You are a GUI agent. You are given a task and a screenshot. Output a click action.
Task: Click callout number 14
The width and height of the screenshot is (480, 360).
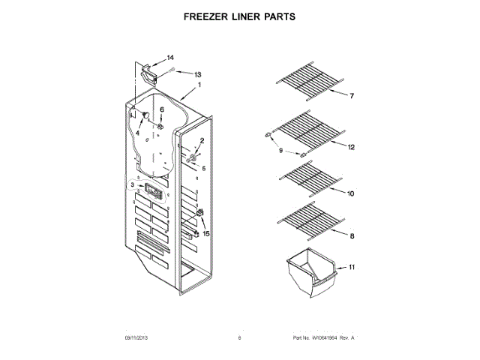tap(170, 58)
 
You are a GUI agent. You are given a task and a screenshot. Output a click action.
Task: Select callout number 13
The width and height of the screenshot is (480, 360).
tap(198, 74)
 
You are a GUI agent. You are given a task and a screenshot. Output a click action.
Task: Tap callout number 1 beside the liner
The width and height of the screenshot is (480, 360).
tap(199, 85)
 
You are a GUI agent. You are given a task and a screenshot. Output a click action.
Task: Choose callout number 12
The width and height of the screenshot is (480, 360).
tap(351, 147)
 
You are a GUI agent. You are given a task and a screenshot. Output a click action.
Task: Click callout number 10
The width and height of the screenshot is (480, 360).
tap(351, 193)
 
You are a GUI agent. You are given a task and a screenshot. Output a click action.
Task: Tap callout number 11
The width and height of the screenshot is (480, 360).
tap(352, 266)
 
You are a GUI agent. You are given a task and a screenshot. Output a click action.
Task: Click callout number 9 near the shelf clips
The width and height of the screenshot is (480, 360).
tap(281, 150)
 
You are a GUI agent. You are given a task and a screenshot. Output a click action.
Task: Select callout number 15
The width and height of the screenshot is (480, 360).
tap(206, 233)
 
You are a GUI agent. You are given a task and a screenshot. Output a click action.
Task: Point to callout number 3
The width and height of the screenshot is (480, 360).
tap(132, 184)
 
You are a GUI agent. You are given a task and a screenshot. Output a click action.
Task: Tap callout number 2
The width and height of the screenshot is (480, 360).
tap(201, 141)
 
